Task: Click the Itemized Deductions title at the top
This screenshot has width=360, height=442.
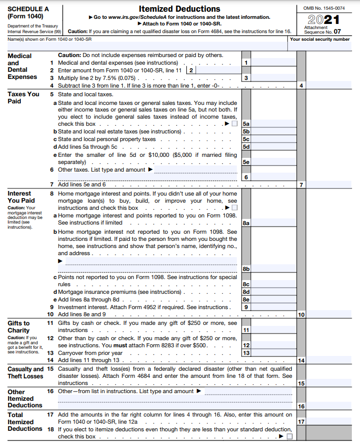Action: pos(180,9)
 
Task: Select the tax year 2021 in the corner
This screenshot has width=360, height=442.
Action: pos(324,19)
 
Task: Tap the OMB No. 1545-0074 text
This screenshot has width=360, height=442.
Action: pos(324,7)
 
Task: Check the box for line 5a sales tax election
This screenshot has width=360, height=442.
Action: pos(234,124)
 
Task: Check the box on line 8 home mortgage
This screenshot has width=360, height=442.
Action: pos(234,208)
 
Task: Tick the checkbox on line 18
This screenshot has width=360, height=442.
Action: pos(289,436)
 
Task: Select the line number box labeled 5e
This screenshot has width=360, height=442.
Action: pos(246,162)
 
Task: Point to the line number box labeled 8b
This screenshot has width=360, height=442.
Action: pos(246,269)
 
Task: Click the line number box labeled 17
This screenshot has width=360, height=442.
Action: pos(301,422)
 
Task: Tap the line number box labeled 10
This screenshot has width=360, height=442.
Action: pos(301,315)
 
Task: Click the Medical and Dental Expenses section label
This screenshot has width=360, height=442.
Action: pos(22,66)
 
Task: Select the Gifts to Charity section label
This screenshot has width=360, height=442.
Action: pos(19,326)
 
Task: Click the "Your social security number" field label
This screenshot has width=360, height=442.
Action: pos(319,39)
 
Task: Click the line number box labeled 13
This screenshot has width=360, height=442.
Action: pos(246,353)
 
